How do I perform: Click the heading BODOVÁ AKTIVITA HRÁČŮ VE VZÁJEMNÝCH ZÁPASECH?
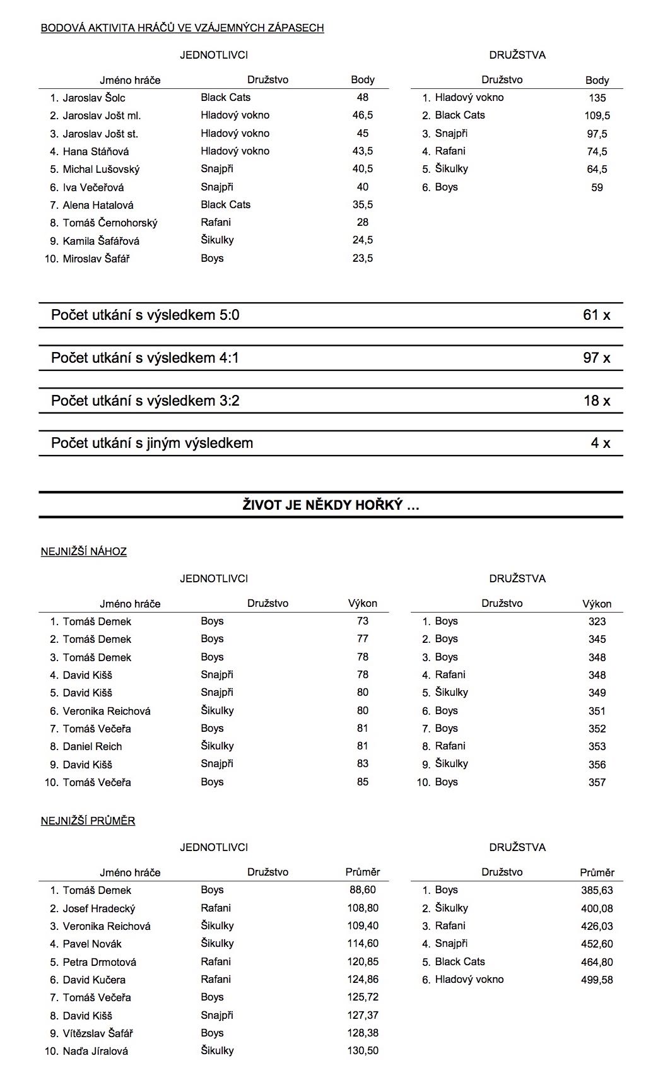[182, 28]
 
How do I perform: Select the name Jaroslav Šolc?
[94, 98]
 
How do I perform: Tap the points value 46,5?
[362, 115]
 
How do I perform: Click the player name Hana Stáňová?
[96, 151]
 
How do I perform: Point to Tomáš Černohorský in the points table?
[110, 223]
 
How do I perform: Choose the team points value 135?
[597, 98]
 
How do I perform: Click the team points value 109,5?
[597, 115]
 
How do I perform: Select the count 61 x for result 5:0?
[596, 315]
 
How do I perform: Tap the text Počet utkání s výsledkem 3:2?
[145, 401]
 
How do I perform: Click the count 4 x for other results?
[600, 444]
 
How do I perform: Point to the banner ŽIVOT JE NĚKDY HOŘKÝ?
[331, 505]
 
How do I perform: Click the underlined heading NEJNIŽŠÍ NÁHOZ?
[84, 551]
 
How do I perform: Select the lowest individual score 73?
[362, 621]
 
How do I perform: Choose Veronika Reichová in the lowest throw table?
[107, 711]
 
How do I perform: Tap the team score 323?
[597, 621]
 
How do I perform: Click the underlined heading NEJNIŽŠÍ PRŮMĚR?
[88, 821]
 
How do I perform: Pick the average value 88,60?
[362, 890]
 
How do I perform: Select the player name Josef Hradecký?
[99, 908]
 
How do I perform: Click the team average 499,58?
[597, 980]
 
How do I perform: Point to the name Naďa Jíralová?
[95, 1051]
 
